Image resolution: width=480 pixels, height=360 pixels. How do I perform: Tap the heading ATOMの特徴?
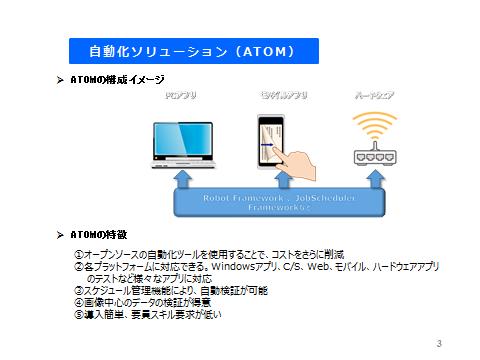pos(99,233)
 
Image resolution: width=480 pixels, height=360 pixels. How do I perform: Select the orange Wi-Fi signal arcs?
pos(374,128)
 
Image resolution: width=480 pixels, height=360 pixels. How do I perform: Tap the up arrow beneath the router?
pos(374,179)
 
